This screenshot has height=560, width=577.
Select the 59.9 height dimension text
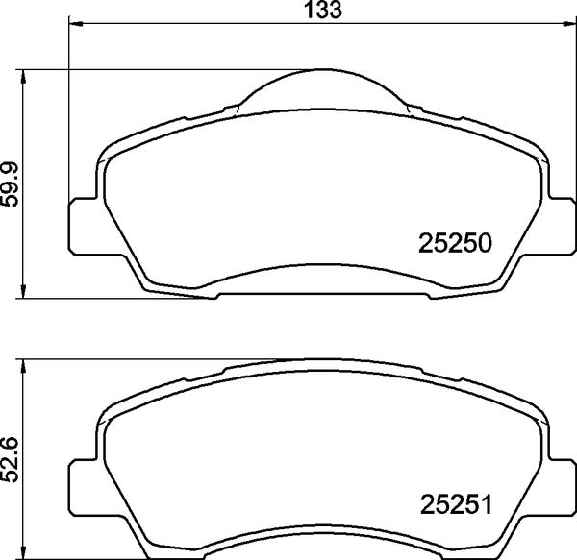(x=11, y=182)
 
